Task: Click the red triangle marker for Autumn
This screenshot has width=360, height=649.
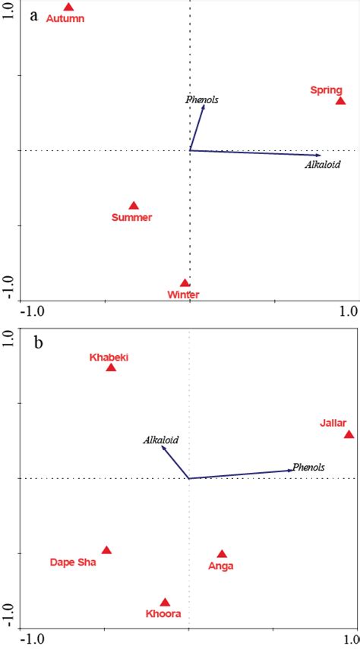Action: click(x=69, y=8)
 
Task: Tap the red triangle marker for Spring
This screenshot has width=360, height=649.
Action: click(x=341, y=100)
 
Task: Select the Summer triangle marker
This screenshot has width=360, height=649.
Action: click(x=134, y=206)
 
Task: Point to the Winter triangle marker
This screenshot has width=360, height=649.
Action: click(x=185, y=283)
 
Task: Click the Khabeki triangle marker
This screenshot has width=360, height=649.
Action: click(x=111, y=368)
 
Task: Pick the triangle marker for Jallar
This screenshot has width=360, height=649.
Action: click(x=349, y=434)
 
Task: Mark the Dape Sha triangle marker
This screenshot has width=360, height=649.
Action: click(x=106, y=550)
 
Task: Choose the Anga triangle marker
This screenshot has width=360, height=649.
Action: click(x=222, y=554)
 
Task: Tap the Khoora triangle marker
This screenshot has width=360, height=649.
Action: click(x=165, y=602)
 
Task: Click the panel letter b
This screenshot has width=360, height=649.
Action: click(x=35, y=342)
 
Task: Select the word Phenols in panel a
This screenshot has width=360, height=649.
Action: click(x=201, y=99)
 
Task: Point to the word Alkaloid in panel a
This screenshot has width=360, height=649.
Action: click(x=323, y=165)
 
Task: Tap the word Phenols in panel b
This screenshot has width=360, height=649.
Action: click(x=308, y=467)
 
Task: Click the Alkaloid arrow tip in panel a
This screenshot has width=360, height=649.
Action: click(x=321, y=155)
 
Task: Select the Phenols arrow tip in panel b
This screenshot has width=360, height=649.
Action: click(x=292, y=471)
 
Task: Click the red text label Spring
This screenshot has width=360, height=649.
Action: click(x=326, y=90)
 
